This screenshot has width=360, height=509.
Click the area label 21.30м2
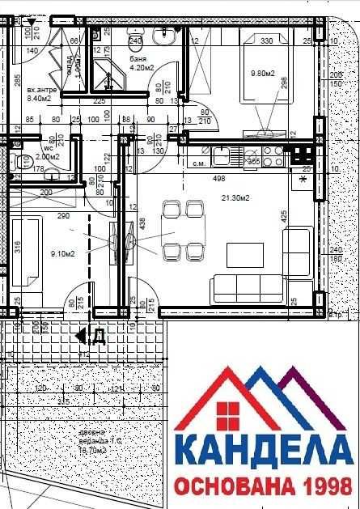point(234,197)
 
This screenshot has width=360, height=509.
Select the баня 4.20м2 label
point(142,64)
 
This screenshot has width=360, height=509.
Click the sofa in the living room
point(246,287)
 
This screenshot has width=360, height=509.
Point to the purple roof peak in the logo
point(292,374)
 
